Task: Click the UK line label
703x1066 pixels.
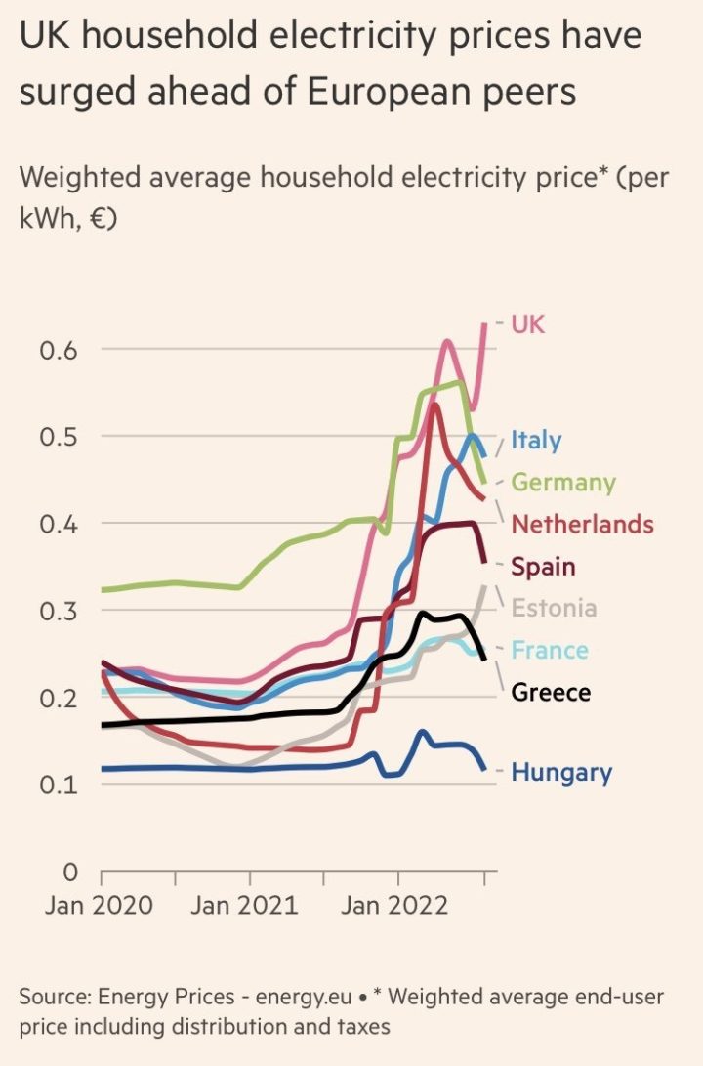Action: click(x=528, y=324)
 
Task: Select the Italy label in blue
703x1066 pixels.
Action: click(x=536, y=440)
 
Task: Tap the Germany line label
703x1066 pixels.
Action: click(x=563, y=483)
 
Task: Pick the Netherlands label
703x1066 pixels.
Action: click(x=582, y=525)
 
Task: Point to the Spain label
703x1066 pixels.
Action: click(x=543, y=567)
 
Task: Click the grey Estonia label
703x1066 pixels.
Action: click(x=554, y=609)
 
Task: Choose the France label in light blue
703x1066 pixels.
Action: click(x=550, y=651)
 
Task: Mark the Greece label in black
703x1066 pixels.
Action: click(x=551, y=693)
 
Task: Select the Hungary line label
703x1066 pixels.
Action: click(x=561, y=773)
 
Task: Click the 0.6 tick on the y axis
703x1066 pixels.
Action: click(x=59, y=350)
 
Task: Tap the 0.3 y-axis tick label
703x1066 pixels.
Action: click(x=59, y=611)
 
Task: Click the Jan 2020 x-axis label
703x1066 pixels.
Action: click(x=99, y=905)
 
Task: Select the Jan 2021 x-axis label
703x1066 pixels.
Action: click(x=244, y=905)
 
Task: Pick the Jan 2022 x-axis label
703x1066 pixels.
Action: click(x=394, y=905)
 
